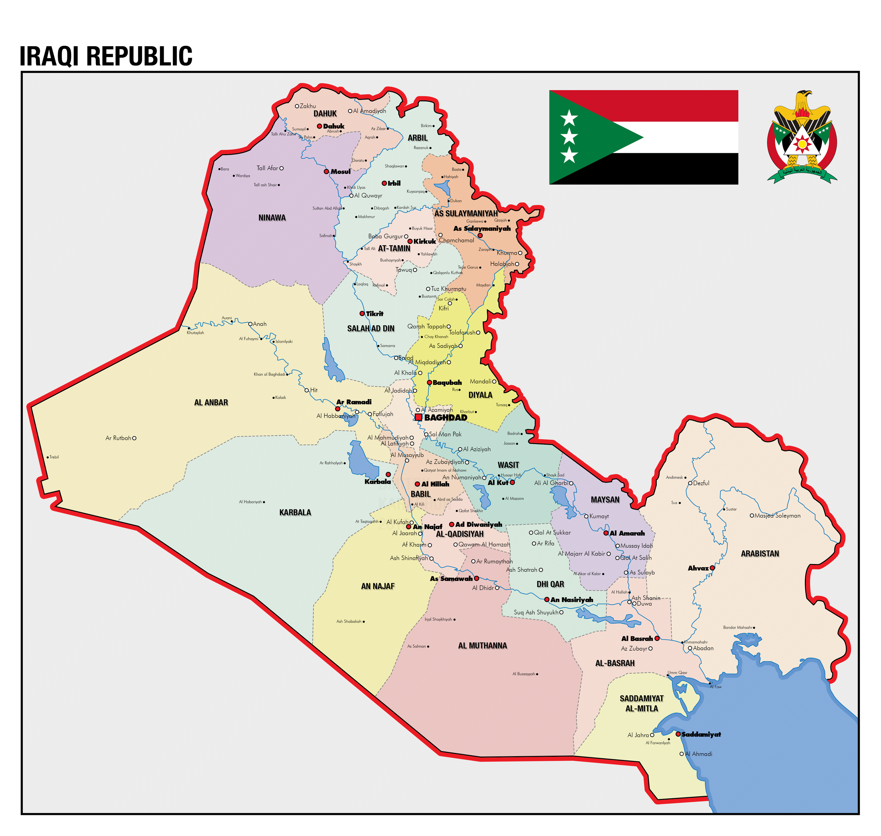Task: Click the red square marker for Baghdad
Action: point(418,417)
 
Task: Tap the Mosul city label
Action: point(341,172)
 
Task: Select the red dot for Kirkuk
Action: point(410,241)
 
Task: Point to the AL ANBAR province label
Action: point(211,402)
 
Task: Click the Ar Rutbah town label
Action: point(118,438)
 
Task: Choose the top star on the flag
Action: point(569,118)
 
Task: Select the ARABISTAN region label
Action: point(760,554)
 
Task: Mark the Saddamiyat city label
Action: point(701,734)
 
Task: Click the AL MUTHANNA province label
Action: point(482,646)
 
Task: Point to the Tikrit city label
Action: point(374,314)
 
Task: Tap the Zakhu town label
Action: point(308,106)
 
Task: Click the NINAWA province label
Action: point(272,218)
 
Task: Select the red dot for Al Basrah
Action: point(657,638)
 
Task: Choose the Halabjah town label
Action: point(502,264)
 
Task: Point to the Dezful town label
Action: point(701,483)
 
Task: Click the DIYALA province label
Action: point(480,395)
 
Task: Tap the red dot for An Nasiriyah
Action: point(547,599)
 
